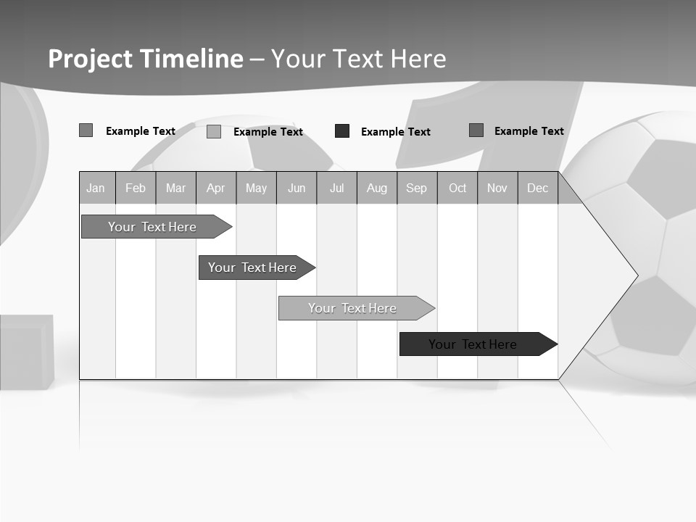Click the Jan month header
click(x=96, y=188)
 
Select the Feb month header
click(x=136, y=188)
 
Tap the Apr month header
click(x=215, y=188)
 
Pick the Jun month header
click(x=297, y=188)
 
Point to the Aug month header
click(x=377, y=188)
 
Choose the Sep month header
click(x=416, y=188)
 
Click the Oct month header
click(x=457, y=188)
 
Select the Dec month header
click(x=537, y=188)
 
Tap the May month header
click(x=256, y=188)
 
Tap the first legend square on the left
click(x=86, y=130)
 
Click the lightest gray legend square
click(x=214, y=131)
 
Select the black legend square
click(x=342, y=131)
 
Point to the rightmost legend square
click(x=476, y=130)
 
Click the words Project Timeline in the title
click(x=146, y=59)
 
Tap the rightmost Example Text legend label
click(x=529, y=131)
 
